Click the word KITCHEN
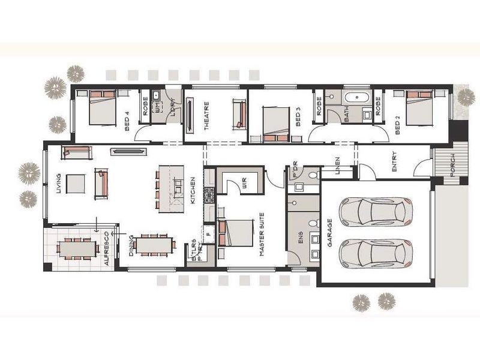click(x=193, y=191)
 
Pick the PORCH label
click(x=452, y=162)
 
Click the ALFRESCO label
click(x=107, y=248)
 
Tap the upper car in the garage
click(x=376, y=211)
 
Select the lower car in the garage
click(x=376, y=253)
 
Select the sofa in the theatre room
click(x=238, y=114)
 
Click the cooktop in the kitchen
click(x=209, y=195)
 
